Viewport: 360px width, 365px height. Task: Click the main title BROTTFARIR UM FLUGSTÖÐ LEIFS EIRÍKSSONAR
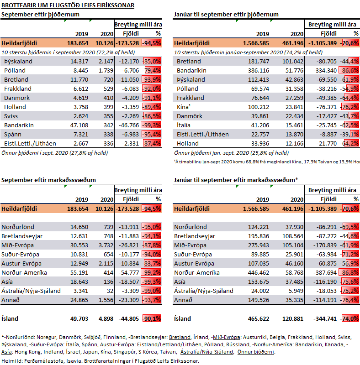(x=68, y=5)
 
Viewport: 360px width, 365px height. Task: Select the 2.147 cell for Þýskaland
(x=106, y=62)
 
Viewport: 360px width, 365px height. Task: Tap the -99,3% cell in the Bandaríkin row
(x=151, y=125)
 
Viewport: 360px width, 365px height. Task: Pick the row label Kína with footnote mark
(x=184, y=107)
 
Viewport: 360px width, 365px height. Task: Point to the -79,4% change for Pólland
(x=152, y=71)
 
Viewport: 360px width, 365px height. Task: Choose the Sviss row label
(x=11, y=116)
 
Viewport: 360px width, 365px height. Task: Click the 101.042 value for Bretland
(x=293, y=62)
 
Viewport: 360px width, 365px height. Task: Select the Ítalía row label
(x=184, y=125)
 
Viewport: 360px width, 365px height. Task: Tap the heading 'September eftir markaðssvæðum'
(x=48, y=180)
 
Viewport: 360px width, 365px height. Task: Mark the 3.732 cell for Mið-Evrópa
(x=106, y=245)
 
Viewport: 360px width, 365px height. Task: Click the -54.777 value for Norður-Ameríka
(x=129, y=272)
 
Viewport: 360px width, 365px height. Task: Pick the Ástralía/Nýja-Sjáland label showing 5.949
(x=204, y=291)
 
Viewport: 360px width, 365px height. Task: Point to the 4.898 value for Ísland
(x=106, y=318)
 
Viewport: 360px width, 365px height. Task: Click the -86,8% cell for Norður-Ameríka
(x=349, y=272)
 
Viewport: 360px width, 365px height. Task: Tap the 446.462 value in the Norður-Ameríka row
(x=258, y=272)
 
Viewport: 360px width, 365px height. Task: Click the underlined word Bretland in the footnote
(x=180, y=337)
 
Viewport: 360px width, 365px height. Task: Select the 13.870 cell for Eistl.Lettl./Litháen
(x=294, y=134)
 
